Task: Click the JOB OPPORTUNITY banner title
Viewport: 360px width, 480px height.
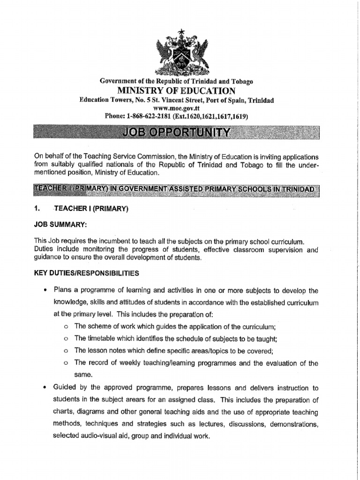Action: coord(177,132)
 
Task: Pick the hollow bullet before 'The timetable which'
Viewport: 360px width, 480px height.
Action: coord(66,338)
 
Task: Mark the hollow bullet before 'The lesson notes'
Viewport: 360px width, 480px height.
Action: coord(66,351)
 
